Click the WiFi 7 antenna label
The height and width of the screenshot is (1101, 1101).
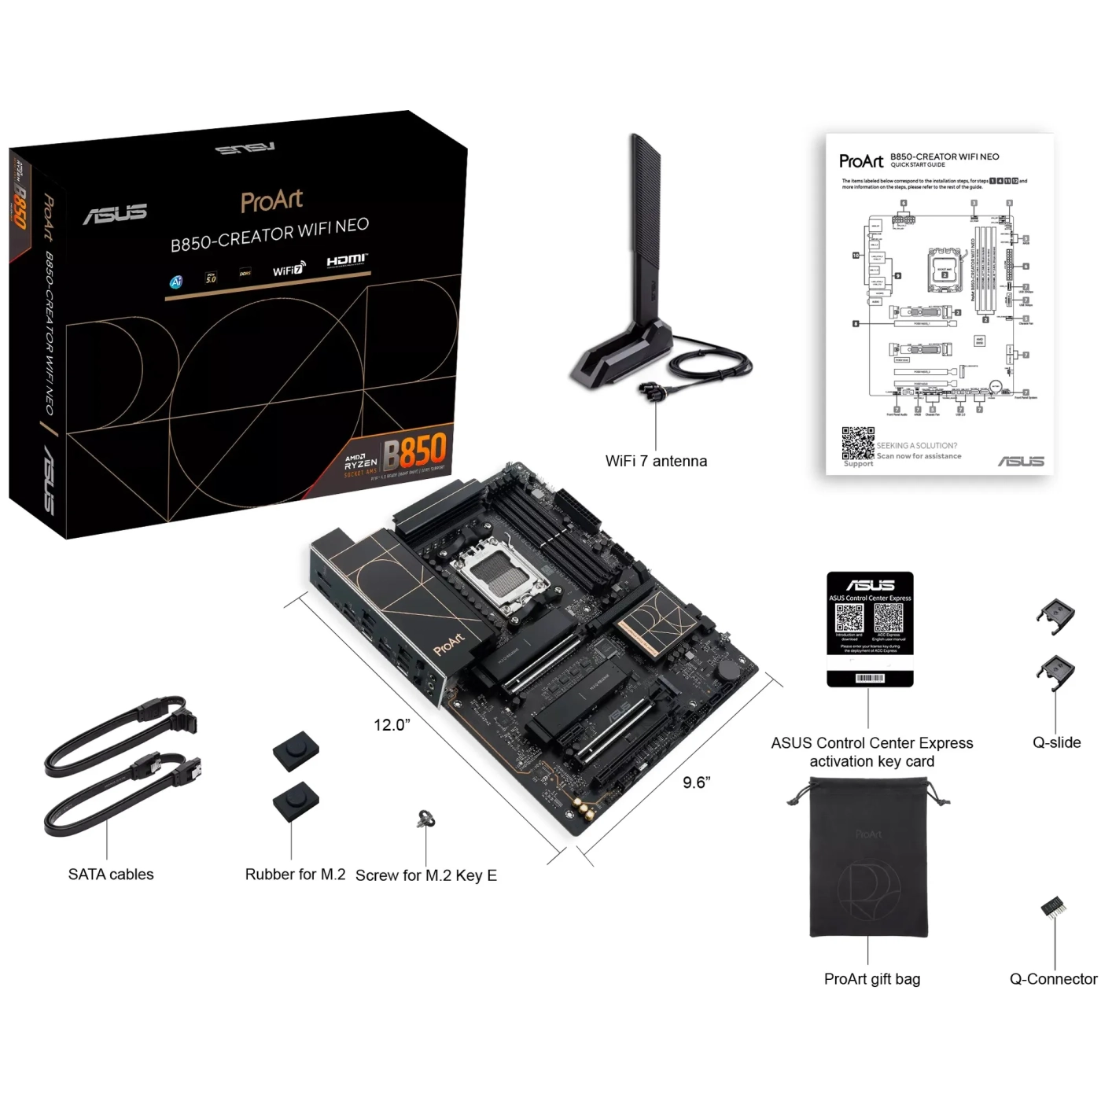pos(656,462)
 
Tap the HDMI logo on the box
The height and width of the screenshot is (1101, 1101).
pos(347,260)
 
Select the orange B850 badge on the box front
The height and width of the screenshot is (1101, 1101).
pos(414,451)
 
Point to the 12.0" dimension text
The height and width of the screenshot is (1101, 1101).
pos(392,725)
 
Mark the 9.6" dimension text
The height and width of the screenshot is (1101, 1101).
pos(696,782)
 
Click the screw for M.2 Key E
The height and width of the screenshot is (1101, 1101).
pos(426,819)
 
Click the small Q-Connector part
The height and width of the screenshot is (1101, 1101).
pos(1053,908)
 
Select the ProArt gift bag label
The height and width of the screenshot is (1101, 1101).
pos(871,979)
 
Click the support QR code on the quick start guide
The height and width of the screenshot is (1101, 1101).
pos(858,444)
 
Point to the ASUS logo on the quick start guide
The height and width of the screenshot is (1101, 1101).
pos(1021,462)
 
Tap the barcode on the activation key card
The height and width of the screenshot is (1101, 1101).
pos(870,678)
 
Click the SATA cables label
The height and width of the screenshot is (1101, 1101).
pos(111,875)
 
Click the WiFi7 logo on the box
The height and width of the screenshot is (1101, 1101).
pos(288,270)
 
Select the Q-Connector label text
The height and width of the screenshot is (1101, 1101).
pos(1053,979)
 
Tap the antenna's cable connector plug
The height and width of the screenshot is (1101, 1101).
pos(652,389)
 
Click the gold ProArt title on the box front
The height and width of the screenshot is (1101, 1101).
pos(271,201)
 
